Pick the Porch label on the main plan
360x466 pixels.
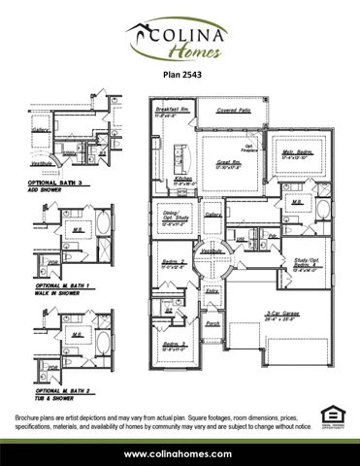point(213,322)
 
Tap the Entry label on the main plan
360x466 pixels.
point(212,290)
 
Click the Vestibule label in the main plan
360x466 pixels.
point(213,250)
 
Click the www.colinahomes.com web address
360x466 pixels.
point(179,453)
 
